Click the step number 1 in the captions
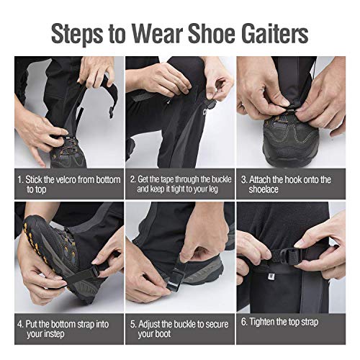tap(19, 179)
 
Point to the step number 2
tap(132, 179)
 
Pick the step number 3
tap(244, 179)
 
